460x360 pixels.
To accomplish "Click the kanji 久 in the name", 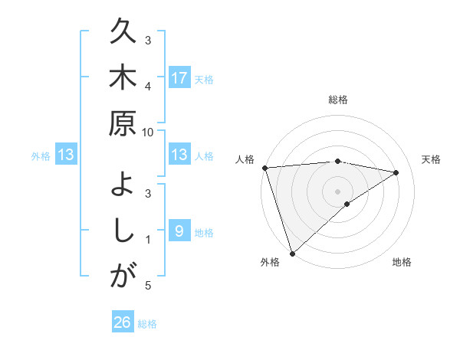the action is [123, 33].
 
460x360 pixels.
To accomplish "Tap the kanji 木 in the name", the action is [123, 78].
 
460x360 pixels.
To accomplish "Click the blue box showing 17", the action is [179, 78].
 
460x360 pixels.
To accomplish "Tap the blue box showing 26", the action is [123, 323].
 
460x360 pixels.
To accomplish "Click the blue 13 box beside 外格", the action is [66, 155].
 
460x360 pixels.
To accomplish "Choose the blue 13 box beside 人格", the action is [179, 155].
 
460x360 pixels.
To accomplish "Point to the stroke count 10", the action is [148, 133].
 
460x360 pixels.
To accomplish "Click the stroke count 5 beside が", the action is [148, 286].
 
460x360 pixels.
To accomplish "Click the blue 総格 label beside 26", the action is [147, 324].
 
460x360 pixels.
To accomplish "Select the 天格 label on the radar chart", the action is [432, 159].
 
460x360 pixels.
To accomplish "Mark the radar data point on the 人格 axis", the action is [264, 168].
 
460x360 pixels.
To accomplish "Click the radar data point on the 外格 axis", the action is [293, 252].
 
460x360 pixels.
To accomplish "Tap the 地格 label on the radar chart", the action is [402, 263].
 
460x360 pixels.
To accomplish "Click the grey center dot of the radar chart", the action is [338, 190].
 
